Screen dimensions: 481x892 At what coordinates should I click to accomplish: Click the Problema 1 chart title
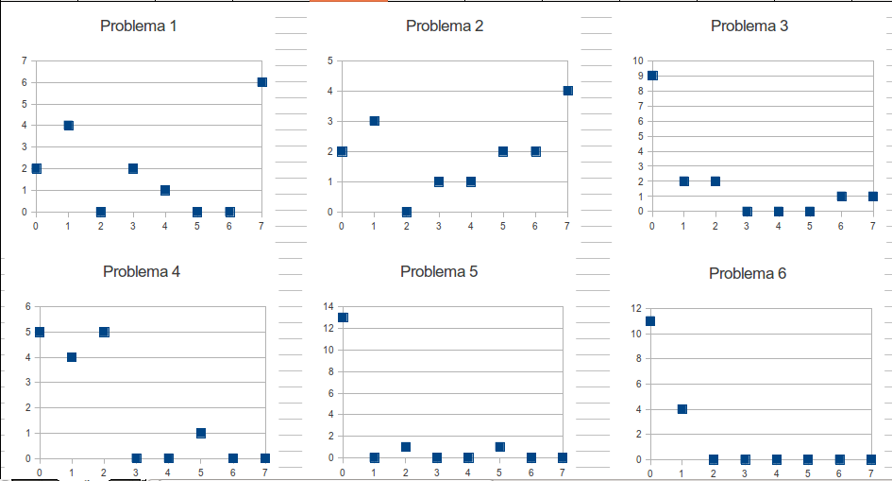[x=138, y=26]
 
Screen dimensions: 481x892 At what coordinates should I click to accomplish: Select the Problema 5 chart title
[x=439, y=271]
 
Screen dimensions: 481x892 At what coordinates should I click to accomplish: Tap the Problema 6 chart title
[x=747, y=273]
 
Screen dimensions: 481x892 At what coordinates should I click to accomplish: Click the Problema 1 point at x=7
[x=261, y=82]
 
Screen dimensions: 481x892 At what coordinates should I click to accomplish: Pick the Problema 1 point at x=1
[x=68, y=126]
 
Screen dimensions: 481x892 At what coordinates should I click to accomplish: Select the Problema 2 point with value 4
[x=568, y=91]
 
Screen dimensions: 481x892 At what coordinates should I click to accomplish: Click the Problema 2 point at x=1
[x=374, y=121]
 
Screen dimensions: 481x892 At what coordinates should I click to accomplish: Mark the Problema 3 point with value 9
[x=652, y=76]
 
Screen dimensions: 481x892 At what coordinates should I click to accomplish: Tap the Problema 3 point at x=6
[x=841, y=197]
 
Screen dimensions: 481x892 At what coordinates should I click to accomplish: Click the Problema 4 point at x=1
[x=72, y=357]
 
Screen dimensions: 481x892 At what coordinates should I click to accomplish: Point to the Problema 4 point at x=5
[x=200, y=433]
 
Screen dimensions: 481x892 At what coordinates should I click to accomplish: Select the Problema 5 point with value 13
[x=343, y=318]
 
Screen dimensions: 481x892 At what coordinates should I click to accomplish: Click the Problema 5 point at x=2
[x=406, y=447]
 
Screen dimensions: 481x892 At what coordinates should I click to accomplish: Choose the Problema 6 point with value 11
[x=650, y=321]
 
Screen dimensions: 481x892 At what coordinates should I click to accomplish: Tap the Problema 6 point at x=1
[x=682, y=409]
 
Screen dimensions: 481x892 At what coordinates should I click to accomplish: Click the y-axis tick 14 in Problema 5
[x=328, y=306]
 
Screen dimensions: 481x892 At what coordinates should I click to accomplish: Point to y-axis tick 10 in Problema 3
[x=639, y=60]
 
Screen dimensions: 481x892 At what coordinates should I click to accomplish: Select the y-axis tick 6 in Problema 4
[x=27, y=306]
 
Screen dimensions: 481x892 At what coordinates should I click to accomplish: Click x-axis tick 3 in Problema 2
[x=438, y=227]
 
